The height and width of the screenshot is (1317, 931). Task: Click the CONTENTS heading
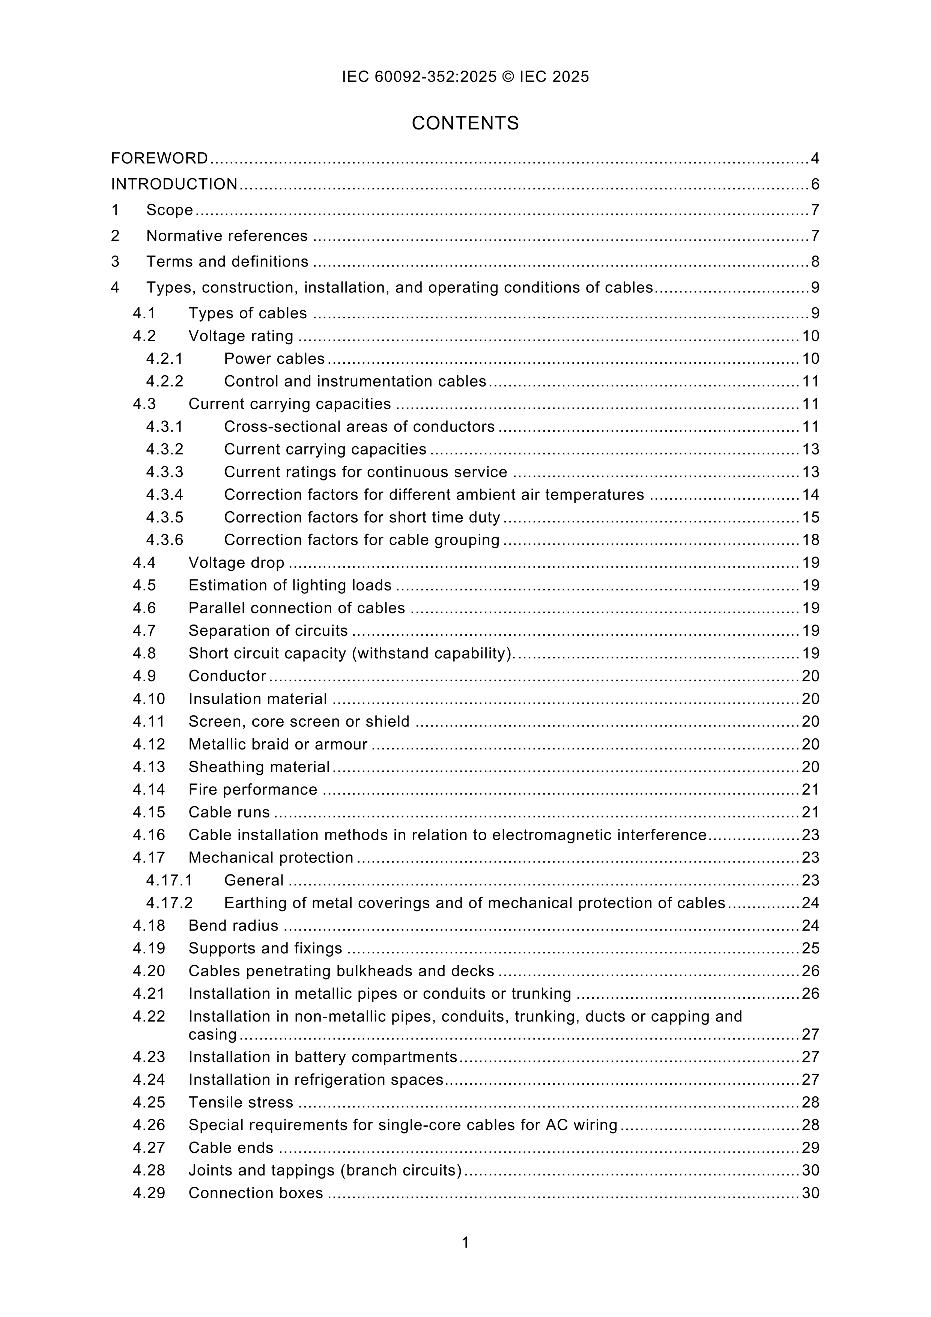[x=465, y=123]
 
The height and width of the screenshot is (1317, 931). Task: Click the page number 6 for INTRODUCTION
[x=815, y=184]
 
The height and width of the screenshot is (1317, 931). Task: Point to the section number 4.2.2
[x=165, y=381]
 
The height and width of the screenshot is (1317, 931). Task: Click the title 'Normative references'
[x=227, y=236]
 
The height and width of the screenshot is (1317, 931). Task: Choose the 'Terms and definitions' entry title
[x=227, y=262]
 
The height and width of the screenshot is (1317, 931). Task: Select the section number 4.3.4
[x=165, y=494]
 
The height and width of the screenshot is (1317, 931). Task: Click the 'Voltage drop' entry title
[x=236, y=563]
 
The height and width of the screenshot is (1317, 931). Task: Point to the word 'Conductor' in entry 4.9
[x=227, y=676]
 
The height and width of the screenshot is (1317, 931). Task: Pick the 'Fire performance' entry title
[x=253, y=789]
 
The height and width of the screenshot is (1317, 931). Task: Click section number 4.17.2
[x=169, y=903]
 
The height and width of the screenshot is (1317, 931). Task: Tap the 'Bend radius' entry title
[x=233, y=925]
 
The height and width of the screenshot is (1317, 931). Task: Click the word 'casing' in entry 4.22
[x=213, y=1034]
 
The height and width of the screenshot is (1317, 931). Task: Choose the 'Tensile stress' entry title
[x=241, y=1102]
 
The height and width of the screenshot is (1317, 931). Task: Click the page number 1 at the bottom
[x=465, y=1242]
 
